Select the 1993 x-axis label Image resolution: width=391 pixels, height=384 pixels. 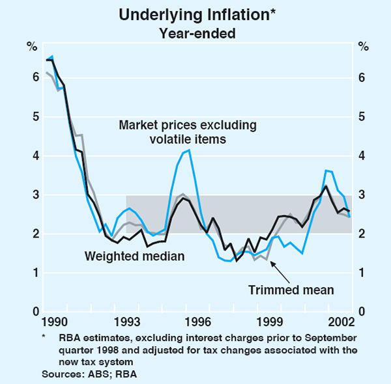(126, 323)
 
